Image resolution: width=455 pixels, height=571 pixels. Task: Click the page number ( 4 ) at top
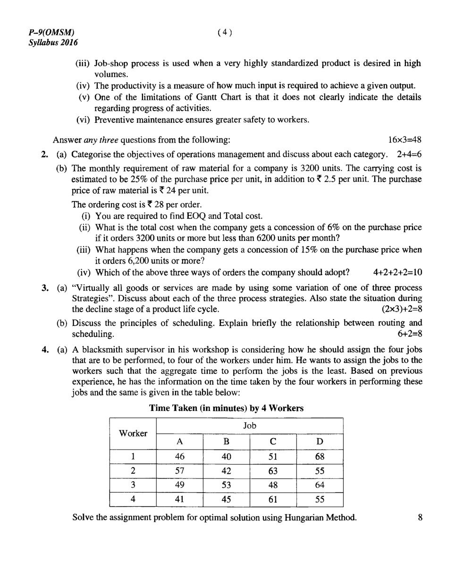(225, 32)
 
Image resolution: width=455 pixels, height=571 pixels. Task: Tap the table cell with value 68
(320, 457)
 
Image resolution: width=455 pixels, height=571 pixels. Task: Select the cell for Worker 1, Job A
(179, 457)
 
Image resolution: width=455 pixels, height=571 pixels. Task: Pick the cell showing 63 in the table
(273, 471)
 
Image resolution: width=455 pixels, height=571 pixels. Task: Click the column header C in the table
(273, 442)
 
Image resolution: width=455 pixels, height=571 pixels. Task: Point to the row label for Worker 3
(133, 485)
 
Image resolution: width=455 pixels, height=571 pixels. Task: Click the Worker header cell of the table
(133, 433)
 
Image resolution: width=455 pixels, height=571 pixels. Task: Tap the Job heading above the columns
(249, 426)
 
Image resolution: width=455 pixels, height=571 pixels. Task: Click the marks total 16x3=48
(404, 140)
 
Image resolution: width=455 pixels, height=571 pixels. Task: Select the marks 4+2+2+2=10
(397, 272)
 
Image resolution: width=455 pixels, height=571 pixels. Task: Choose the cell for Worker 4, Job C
(273, 499)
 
